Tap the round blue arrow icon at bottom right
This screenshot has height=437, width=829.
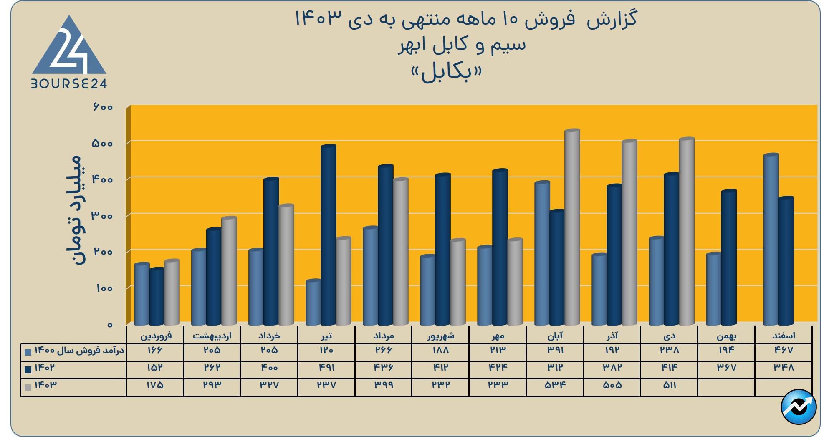click(798, 407)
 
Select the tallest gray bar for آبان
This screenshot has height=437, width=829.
click(572, 227)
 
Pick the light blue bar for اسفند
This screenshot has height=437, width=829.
click(771, 240)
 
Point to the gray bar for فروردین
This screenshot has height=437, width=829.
click(172, 293)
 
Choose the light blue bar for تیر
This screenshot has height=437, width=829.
click(313, 303)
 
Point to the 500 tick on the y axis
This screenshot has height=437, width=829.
click(102, 143)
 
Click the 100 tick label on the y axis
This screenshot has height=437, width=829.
click(104, 288)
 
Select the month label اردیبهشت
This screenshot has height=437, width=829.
click(212, 336)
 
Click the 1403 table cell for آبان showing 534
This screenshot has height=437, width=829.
click(555, 385)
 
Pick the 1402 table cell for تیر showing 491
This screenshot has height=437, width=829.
click(326, 368)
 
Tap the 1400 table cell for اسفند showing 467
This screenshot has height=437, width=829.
click(783, 350)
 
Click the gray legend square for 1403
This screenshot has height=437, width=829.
click(28, 387)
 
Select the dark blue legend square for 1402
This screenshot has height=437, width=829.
click(28, 369)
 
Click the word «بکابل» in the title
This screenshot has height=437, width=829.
click(446, 73)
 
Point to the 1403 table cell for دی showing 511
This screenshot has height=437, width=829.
click(669, 385)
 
